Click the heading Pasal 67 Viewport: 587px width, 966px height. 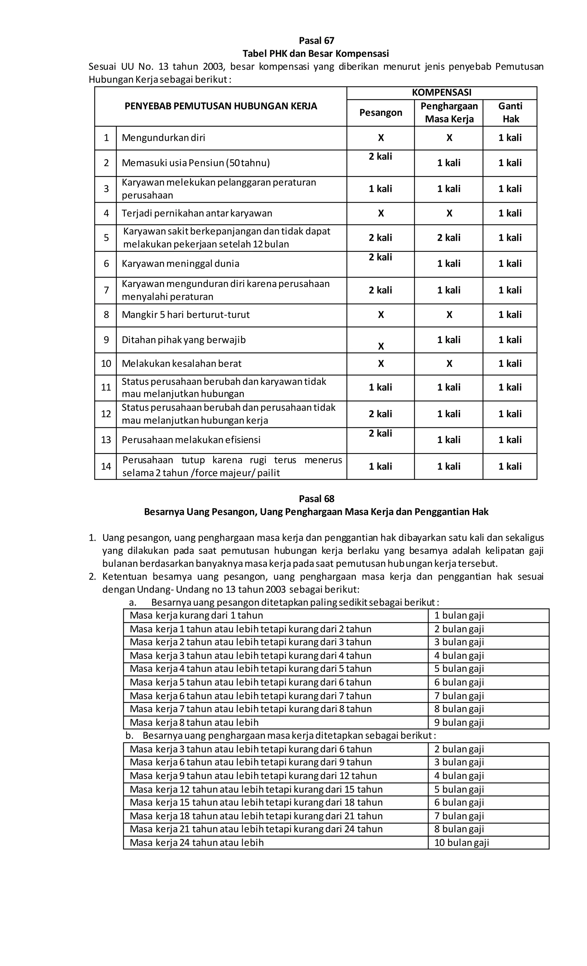[x=316, y=40]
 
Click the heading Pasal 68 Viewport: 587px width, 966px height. [x=316, y=498]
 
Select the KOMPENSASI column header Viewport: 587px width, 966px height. [x=441, y=93]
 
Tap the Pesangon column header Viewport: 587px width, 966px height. [x=381, y=113]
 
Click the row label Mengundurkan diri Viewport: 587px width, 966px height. [x=163, y=137]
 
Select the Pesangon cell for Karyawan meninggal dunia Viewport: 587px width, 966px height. [x=380, y=257]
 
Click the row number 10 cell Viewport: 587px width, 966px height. [x=106, y=363]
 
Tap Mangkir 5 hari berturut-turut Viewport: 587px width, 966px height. [x=186, y=315]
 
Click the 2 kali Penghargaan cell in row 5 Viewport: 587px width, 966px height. [x=449, y=238]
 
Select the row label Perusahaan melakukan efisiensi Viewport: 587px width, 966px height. [x=191, y=440]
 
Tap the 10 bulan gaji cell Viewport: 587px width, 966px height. [x=461, y=843]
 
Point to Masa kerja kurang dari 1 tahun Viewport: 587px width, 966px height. [x=196, y=615]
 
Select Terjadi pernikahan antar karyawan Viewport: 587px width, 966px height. [x=197, y=213]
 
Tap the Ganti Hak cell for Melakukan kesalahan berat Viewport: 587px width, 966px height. [x=510, y=363]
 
